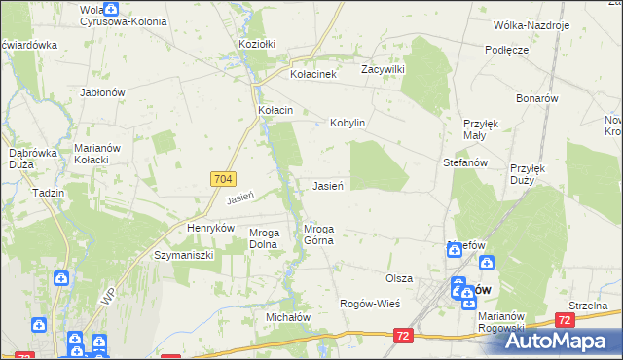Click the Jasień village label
click(x=332, y=185)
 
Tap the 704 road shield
click(x=222, y=179)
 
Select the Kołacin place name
click(x=275, y=111)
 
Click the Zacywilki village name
click(x=383, y=70)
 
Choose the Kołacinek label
click(x=313, y=74)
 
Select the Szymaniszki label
click(x=184, y=254)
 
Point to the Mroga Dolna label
click(x=265, y=239)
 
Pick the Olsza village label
click(x=399, y=278)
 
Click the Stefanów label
click(x=464, y=163)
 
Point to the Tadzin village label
click(x=48, y=193)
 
